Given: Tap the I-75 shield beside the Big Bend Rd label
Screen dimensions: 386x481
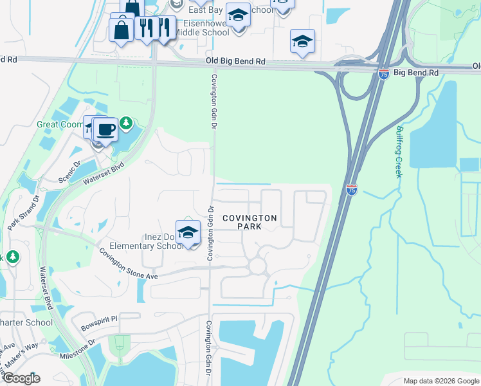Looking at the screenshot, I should point(383,74).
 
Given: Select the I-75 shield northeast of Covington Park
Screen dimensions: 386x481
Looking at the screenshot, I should point(351,190).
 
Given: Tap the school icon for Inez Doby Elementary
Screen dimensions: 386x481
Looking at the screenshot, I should point(188,233).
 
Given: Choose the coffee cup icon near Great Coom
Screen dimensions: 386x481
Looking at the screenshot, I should point(106,129).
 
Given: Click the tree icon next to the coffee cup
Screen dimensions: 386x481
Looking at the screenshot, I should point(127,122).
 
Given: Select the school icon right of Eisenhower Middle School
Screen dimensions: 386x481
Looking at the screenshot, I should point(238,16).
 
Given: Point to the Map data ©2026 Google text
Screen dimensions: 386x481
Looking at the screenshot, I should point(440,381).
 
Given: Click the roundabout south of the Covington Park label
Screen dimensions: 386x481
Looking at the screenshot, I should point(258,266).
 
